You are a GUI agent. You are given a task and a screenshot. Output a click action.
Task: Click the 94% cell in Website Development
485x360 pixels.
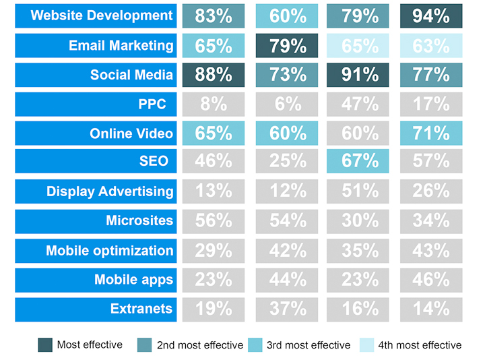pyautogui.click(x=431, y=16)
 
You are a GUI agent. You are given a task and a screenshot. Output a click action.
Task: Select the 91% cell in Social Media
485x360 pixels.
pyautogui.click(x=360, y=74)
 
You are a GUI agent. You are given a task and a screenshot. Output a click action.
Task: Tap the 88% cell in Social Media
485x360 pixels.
pyautogui.click(x=214, y=74)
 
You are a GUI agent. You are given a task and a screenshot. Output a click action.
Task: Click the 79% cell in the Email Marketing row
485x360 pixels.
pyautogui.click(x=288, y=45)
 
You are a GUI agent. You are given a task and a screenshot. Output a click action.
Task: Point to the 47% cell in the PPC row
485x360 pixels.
pyautogui.click(x=360, y=104)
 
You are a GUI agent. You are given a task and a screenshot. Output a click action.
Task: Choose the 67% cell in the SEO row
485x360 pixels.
pyautogui.click(x=360, y=162)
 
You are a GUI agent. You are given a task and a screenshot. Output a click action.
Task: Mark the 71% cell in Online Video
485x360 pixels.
pyautogui.click(x=431, y=133)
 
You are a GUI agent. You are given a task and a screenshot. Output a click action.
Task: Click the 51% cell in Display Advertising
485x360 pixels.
pyautogui.click(x=360, y=191)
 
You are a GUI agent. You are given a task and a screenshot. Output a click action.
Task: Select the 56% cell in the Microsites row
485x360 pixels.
pyautogui.click(x=214, y=220)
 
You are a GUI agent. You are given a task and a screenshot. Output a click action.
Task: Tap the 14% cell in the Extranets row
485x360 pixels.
pyautogui.click(x=431, y=309)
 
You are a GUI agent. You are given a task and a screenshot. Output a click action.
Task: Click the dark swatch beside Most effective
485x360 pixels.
pyautogui.click(x=45, y=345)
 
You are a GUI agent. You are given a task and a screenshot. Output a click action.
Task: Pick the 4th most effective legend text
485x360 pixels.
pyautogui.click(x=419, y=345)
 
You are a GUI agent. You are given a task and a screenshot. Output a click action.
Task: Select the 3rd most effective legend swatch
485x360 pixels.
pyautogui.click(x=257, y=345)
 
